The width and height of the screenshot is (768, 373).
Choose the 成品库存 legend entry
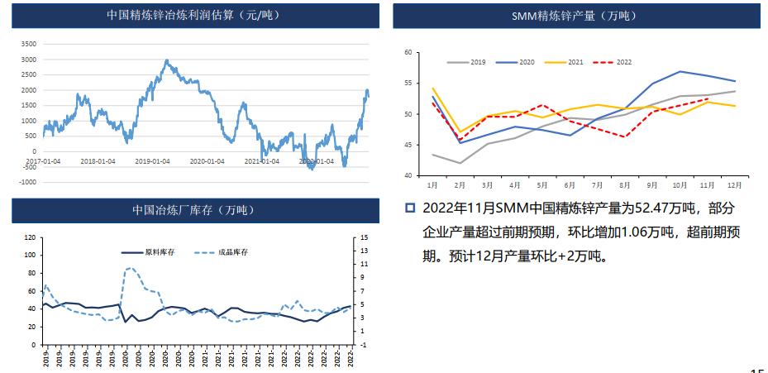pyautogui.click(x=231, y=251)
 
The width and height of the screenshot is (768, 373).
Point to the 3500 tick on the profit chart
pyautogui.click(x=28, y=44)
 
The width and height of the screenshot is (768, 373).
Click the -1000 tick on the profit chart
pyautogui.click(x=26, y=181)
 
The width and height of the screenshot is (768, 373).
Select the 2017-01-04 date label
pyautogui.click(x=43, y=161)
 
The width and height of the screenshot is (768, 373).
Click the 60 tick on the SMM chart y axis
pyautogui.click(x=408, y=52)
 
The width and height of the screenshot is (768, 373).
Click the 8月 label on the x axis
pyautogui.click(x=625, y=184)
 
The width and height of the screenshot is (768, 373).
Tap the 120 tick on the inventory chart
pyautogui.click(x=29, y=237)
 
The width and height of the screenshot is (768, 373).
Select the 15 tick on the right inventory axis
pyautogui.click(x=364, y=237)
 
